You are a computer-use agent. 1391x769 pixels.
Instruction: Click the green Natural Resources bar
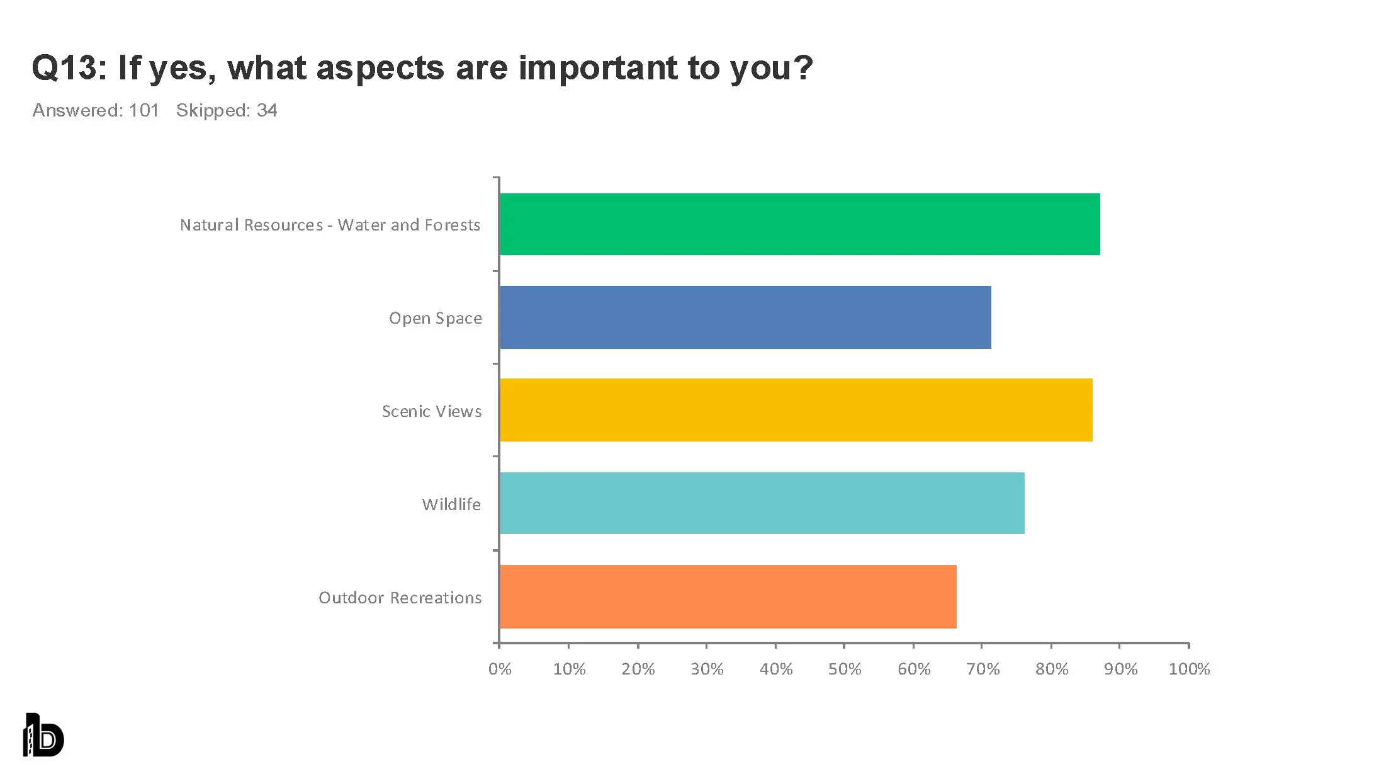pyautogui.click(x=799, y=224)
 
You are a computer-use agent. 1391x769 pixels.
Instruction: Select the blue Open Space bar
pyautogui.click(x=745, y=317)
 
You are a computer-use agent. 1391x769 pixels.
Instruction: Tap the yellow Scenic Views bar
pyautogui.click(x=796, y=410)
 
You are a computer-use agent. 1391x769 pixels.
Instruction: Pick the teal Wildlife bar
pyautogui.click(x=762, y=503)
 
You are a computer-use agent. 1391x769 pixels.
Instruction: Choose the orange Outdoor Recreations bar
pyautogui.click(x=728, y=596)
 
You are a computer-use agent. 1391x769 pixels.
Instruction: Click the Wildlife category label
pyautogui.click(x=451, y=504)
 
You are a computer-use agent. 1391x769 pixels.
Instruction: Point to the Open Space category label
pyautogui.click(x=435, y=318)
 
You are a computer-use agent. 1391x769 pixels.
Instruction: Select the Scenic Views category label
pyautogui.click(x=432, y=411)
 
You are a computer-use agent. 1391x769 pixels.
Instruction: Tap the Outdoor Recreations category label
pyautogui.click(x=400, y=598)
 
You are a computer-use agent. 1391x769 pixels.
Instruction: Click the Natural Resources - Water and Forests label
pyautogui.click(x=330, y=225)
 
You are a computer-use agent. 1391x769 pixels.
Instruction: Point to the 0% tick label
pyautogui.click(x=500, y=669)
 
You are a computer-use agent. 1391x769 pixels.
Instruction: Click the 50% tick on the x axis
pyautogui.click(x=844, y=669)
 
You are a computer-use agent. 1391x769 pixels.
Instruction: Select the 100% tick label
pyautogui.click(x=1189, y=669)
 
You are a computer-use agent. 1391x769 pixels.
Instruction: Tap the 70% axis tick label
pyautogui.click(x=983, y=669)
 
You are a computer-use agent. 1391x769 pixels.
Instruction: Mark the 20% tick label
pyautogui.click(x=638, y=669)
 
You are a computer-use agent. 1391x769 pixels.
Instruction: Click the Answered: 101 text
pyautogui.click(x=96, y=110)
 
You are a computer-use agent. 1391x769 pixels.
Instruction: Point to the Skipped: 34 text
pyautogui.click(x=227, y=110)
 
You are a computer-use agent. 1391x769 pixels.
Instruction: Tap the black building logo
pyautogui.click(x=43, y=735)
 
